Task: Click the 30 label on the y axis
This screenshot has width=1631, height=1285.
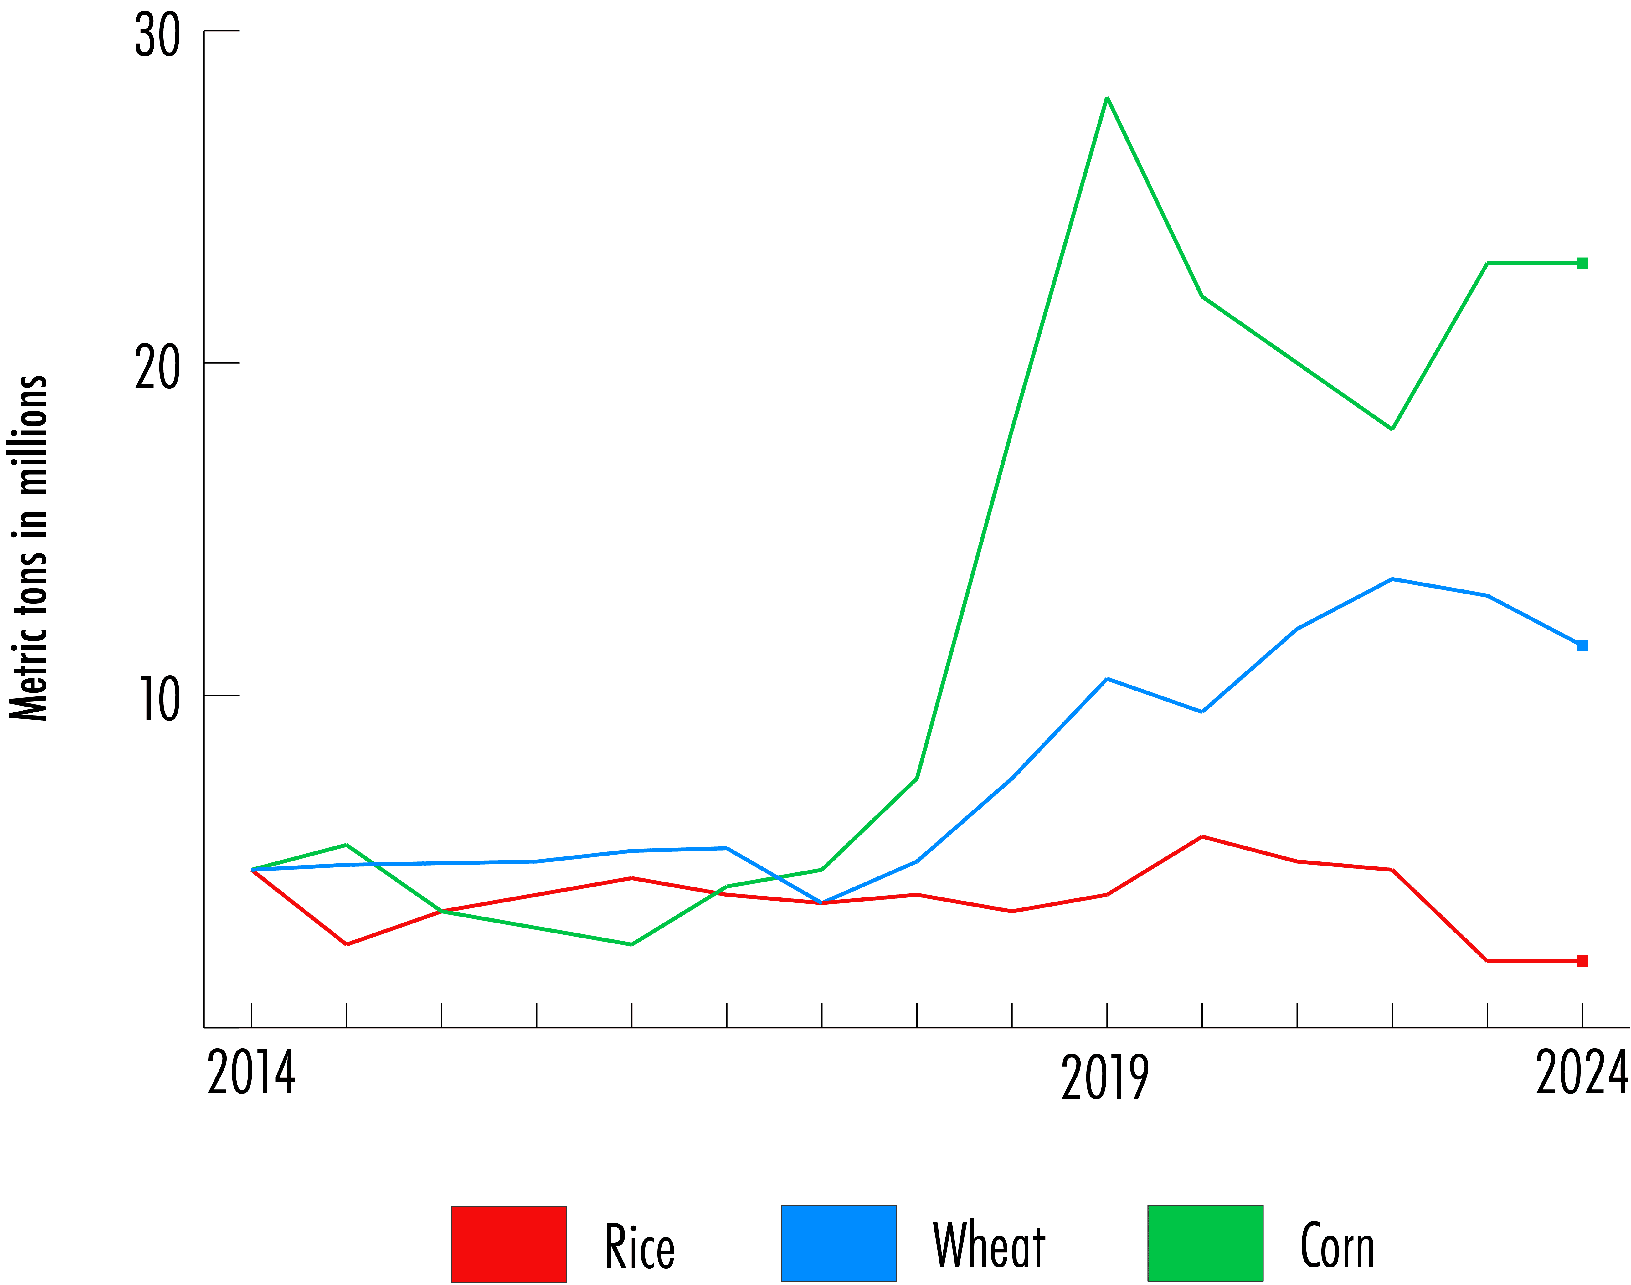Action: coord(157,35)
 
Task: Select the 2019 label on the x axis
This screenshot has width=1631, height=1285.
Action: coord(1105,1077)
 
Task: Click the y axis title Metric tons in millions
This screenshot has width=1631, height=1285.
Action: coord(28,548)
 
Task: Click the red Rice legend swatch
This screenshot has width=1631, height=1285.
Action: coord(509,1244)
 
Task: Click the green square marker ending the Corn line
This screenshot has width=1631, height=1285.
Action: coord(1582,263)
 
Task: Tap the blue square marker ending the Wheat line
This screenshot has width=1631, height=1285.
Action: coord(1582,645)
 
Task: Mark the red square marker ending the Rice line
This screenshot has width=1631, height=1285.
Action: coord(1582,961)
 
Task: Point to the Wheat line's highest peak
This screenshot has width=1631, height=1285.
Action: coord(1392,579)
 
